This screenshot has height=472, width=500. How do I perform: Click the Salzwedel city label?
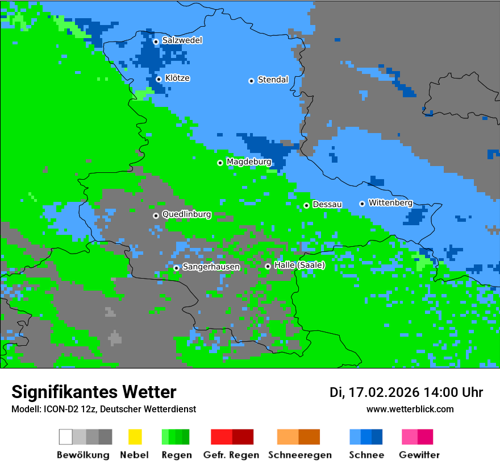click(182, 40)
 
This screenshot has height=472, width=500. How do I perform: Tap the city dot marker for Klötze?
click(159, 79)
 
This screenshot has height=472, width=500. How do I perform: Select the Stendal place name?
click(273, 80)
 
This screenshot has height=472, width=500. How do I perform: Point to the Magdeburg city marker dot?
click(220, 163)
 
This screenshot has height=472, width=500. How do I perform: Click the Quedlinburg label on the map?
click(186, 214)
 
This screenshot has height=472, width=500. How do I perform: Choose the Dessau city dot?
click(306, 205)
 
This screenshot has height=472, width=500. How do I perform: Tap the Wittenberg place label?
click(390, 202)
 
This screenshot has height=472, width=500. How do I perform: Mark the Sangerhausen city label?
click(211, 267)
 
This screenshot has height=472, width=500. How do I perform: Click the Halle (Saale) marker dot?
click(268, 266)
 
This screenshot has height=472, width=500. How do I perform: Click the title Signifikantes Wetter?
click(94, 392)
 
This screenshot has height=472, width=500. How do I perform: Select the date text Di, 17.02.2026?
click(374, 392)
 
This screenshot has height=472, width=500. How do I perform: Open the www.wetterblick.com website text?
click(410, 409)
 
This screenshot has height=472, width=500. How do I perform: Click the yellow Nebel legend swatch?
click(135, 437)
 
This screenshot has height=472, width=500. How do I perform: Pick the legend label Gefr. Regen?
click(231, 455)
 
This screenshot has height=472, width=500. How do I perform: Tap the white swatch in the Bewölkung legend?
click(66, 437)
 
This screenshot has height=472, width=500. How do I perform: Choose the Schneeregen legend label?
click(300, 455)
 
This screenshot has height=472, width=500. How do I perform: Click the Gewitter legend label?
click(419, 455)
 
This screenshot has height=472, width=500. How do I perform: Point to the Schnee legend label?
click(366, 455)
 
